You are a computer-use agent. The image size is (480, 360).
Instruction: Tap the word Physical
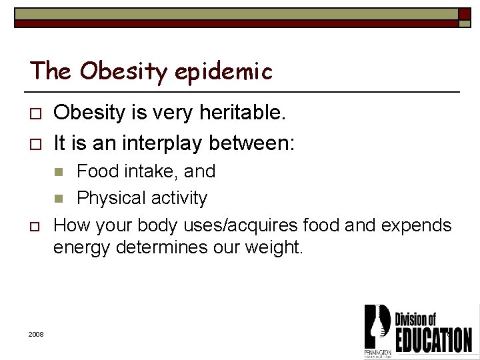pos(111,198)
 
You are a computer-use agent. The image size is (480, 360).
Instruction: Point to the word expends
pos(417,225)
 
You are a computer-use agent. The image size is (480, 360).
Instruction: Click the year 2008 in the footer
pos(37,333)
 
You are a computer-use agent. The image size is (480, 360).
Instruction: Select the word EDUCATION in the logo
pos(434,340)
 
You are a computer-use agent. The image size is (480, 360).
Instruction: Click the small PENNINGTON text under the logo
pos(377,351)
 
